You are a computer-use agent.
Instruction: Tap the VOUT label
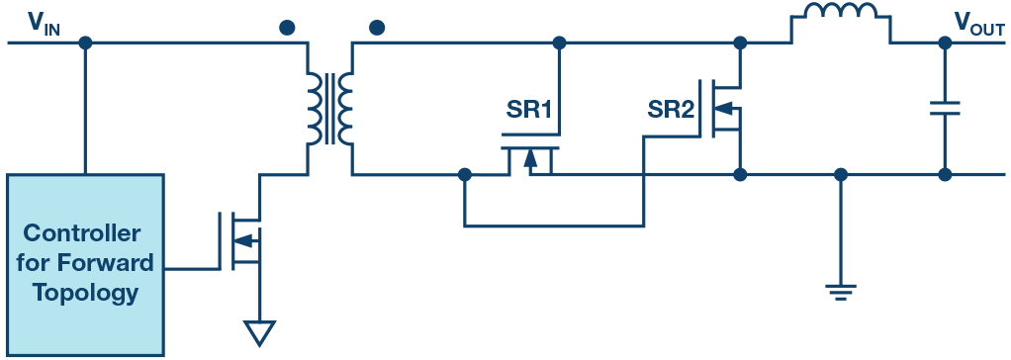click(978, 22)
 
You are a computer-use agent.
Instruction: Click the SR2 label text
click(670, 111)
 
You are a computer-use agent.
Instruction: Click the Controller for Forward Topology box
click(85, 263)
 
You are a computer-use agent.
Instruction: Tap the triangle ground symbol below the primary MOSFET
click(259, 332)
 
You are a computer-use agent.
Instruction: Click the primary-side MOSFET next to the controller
click(242, 238)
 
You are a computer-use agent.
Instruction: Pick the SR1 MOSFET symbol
click(529, 157)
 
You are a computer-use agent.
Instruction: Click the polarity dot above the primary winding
click(286, 28)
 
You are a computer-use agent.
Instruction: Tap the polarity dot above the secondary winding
click(375, 28)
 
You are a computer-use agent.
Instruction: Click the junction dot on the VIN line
click(86, 44)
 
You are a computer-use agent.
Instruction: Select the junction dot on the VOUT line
click(945, 44)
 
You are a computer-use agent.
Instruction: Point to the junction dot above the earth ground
click(841, 175)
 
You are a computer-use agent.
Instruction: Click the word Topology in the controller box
click(85, 293)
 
